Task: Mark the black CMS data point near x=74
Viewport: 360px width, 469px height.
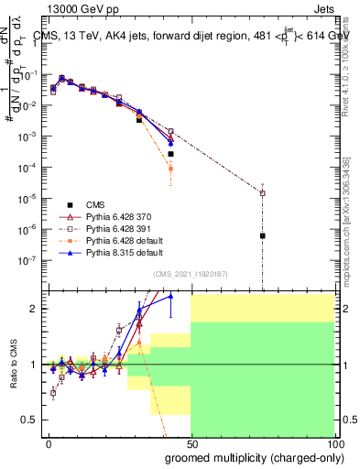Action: click(x=263, y=235)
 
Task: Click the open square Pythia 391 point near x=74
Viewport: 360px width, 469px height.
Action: click(x=263, y=193)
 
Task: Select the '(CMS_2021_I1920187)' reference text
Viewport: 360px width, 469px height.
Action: click(x=190, y=273)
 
